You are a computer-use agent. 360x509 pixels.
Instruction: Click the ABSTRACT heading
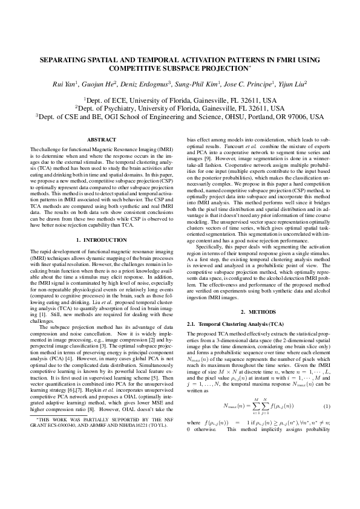pos(97,140)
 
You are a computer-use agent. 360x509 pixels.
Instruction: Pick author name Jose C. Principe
pos(248,85)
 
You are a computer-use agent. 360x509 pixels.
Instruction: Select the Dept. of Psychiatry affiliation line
pos(180,108)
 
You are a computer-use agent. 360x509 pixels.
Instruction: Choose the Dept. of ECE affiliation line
pos(180,99)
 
